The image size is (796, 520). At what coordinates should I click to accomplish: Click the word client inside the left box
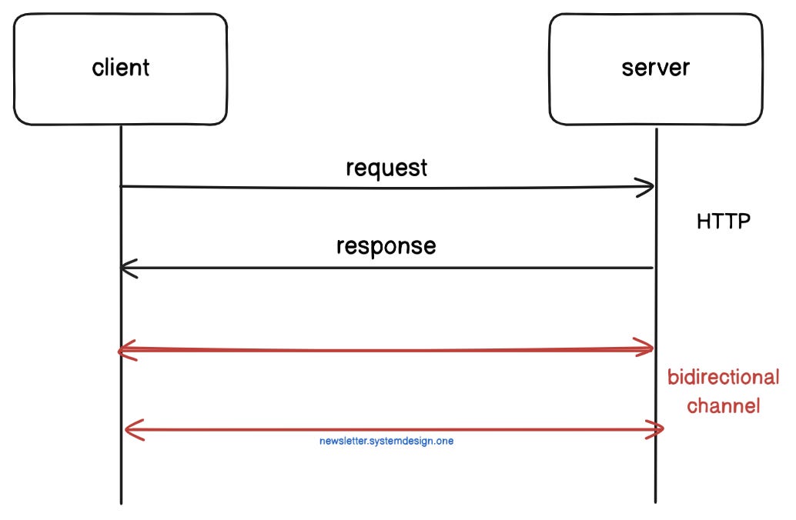click(x=121, y=67)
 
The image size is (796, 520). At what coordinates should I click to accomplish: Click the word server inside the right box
click(x=655, y=67)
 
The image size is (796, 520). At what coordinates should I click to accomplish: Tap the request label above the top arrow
click(x=386, y=168)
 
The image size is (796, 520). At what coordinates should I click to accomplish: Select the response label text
click(x=386, y=246)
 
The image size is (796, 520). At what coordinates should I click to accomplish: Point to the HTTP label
click(x=723, y=222)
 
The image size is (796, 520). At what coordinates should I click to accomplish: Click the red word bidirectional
click(x=723, y=378)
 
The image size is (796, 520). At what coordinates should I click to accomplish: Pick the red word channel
click(x=723, y=405)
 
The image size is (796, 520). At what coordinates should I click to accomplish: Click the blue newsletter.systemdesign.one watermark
click(x=386, y=442)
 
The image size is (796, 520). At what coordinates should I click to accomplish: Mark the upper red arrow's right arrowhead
click(x=649, y=348)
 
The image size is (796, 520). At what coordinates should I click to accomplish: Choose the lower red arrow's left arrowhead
click(x=129, y=430)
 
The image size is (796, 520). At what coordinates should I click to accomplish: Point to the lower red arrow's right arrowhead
click(x=659, y=429)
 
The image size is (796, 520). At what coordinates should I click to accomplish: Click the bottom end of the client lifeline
click(x=122, y=502)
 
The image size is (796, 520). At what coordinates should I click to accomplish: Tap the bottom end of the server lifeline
click(x=656, y=501)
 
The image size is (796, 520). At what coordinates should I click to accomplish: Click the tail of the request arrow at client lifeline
click(x=122, y=186)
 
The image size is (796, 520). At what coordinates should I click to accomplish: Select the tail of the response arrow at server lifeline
click(x=654, y=268)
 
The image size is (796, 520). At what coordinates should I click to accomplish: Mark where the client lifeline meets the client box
click(x=121, y=125)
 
